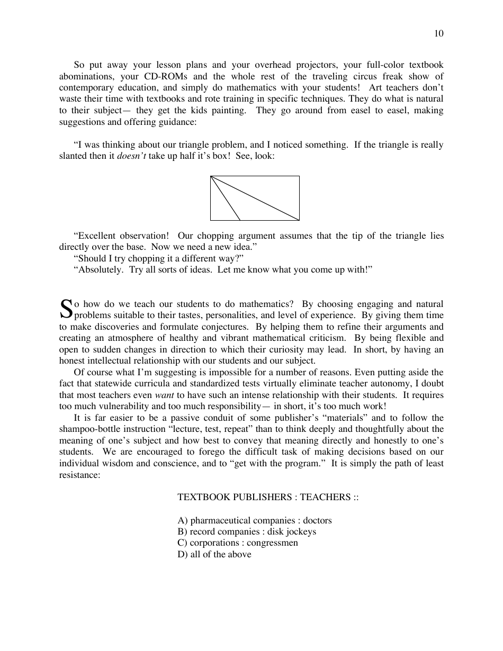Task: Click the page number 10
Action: point(438,34)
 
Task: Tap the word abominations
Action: point(84,76)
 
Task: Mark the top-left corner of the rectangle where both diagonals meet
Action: point(211,176)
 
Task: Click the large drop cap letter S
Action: point(66,309)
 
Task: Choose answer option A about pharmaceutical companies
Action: point(254,520)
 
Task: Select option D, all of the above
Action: point(214,554)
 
